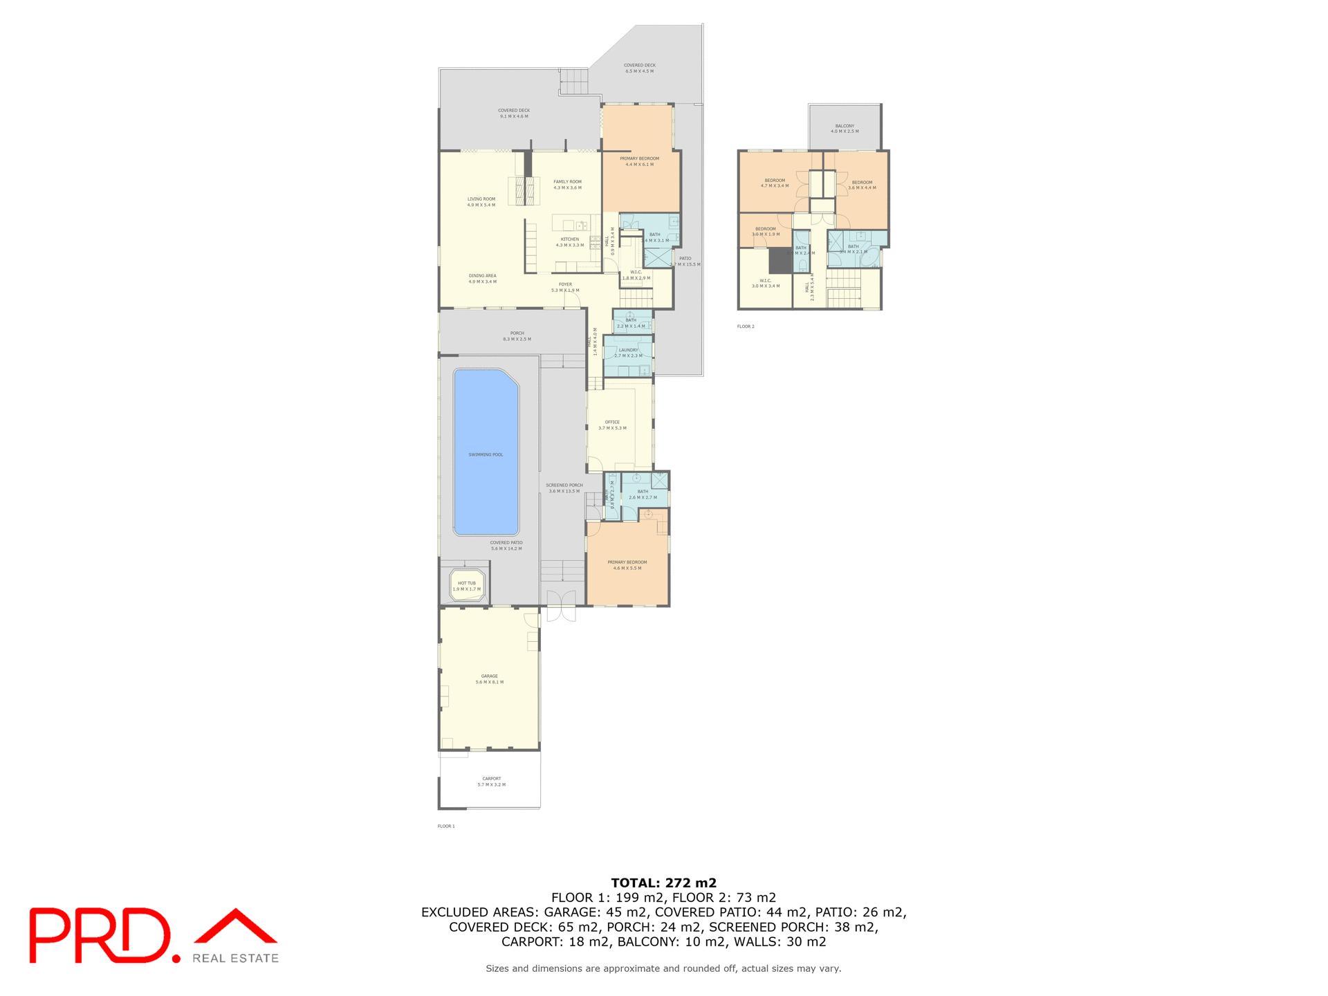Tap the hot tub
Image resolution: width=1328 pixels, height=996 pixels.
point(467,585)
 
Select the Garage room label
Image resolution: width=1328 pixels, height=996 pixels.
point(489,679)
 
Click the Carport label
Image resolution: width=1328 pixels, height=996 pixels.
point(491,781)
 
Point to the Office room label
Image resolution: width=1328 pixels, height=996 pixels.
point(612,425)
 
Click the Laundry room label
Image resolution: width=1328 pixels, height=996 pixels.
point(628,352)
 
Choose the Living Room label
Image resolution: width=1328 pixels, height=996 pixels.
point(481,201)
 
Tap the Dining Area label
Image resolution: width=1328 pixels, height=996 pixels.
point(482,278)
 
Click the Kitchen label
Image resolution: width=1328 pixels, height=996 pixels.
point(569,241)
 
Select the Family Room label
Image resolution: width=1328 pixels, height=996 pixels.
point(567,184)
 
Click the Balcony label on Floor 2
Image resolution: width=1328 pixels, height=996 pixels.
point(844,128)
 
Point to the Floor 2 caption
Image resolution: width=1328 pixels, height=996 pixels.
point(746,326)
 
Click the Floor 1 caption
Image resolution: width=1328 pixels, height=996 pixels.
point(446,826)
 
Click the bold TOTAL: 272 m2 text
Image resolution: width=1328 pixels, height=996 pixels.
point(663,883)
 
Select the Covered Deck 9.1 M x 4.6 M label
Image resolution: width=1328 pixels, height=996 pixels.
point(514,113)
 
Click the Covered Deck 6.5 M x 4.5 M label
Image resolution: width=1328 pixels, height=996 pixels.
point(639,68)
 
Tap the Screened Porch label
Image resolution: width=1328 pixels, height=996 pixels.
point(564,488)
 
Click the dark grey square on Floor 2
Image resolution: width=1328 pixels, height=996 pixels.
point(780,261)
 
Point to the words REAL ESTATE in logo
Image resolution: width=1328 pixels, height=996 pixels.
point(235,958)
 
